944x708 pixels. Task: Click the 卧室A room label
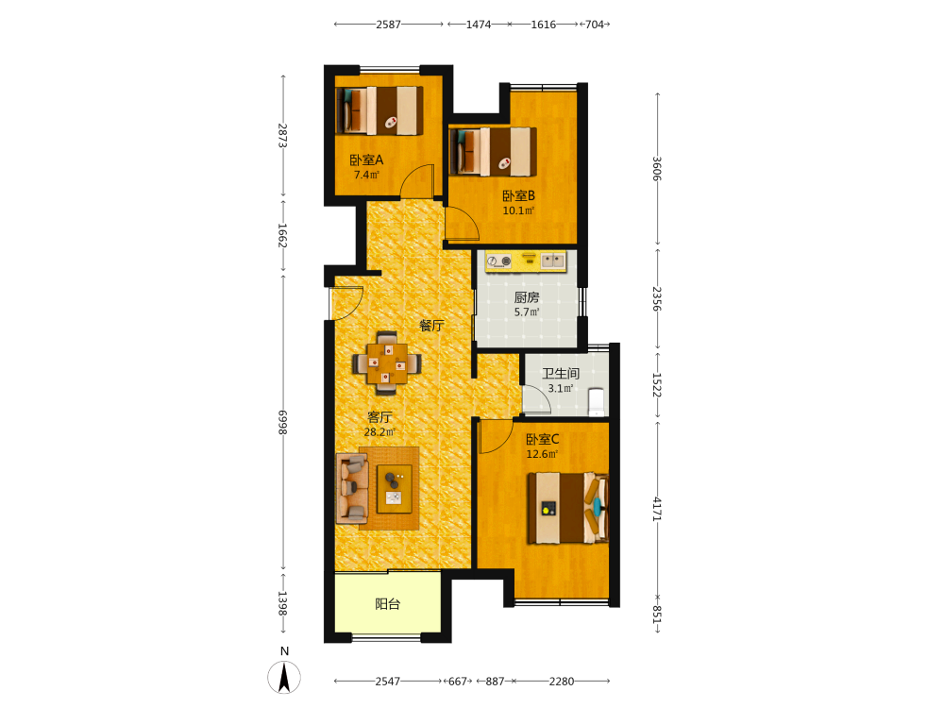[x=366, y=160]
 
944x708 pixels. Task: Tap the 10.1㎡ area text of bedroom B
[x=518, y=211]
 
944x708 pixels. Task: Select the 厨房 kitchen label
[x=527, y=297]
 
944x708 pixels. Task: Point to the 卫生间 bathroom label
[x=561, y=374]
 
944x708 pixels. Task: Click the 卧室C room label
[x=543, y=440]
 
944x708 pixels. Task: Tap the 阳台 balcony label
[x=388, y=604]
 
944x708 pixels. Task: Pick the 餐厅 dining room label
[x=431, y=326]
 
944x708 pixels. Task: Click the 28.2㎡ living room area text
[x=379, y=432]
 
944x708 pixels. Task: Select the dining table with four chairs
[x=386, y=363]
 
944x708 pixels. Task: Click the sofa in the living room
[x=352, y=488]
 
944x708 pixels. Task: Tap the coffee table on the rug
[x=395, y=489]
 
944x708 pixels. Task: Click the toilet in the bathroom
[x=597, y=402]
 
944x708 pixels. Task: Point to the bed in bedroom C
[x=567, y=508]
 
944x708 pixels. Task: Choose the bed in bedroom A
[x=379, y=110]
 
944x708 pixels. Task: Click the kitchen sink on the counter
[x=552, y=261]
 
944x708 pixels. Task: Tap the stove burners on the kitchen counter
[x=499, y=261]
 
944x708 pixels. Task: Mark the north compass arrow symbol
[x=284, y=677]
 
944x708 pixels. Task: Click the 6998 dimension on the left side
[x=283, y=422]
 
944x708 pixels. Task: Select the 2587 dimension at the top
[x=388, y=25]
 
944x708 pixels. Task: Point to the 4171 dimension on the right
[x=657, y=510]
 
